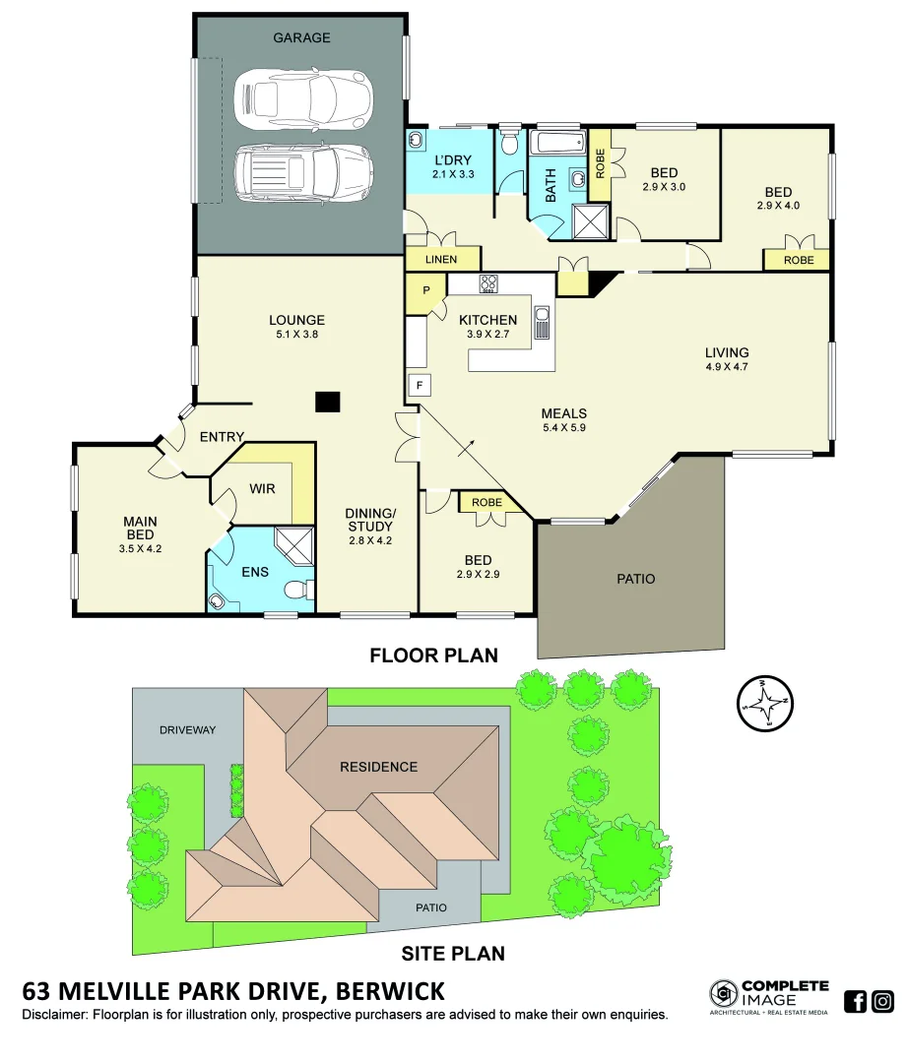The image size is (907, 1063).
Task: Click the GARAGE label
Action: [301, 38]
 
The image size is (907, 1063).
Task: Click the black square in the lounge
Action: [328, 402]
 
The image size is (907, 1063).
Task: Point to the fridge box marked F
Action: [419, 384]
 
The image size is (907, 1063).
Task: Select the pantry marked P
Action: [425, 290]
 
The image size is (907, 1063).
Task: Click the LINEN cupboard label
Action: [441, 260]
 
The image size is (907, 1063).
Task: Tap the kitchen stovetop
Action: [489, 284]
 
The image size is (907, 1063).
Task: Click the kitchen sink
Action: [542, 322]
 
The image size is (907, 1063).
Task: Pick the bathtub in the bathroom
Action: [557, 144]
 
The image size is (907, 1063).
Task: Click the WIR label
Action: [262, 488]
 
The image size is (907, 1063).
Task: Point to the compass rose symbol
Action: [764, 703]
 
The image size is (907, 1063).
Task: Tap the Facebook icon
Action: [856, 1002]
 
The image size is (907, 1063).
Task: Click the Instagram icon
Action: [883, 1002]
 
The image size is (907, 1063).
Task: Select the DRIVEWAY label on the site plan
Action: [187, 729]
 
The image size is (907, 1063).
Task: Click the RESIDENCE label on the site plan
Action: [378, 767]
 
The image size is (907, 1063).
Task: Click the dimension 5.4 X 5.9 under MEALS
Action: [563, 428]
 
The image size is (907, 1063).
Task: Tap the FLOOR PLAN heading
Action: [433, 655]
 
